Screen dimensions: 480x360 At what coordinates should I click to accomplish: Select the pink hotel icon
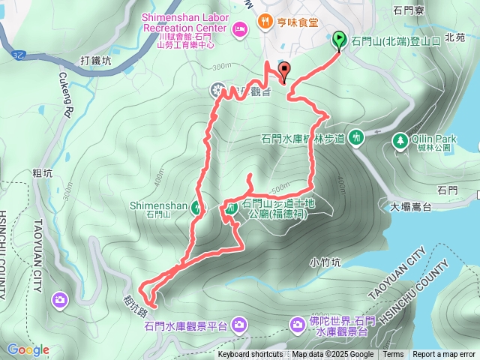tap(239, 29)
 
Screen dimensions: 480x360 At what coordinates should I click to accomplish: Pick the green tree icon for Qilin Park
tap(401, 139)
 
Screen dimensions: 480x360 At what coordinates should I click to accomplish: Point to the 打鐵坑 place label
tap(94, 61)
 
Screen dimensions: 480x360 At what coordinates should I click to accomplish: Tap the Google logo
tap(28, 349)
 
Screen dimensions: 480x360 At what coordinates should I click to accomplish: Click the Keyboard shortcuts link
tap(250, 355)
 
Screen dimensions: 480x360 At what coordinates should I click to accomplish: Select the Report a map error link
tap(444, 355)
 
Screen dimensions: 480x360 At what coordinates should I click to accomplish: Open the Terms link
tap(393, 355)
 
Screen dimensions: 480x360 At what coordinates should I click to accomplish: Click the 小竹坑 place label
tap(325, 262)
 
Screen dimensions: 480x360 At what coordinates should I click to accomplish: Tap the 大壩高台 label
tap(406, 206)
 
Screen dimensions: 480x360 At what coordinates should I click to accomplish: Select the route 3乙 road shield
tap(19, 55)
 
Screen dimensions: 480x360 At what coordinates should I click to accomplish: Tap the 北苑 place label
tap(454, 36)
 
